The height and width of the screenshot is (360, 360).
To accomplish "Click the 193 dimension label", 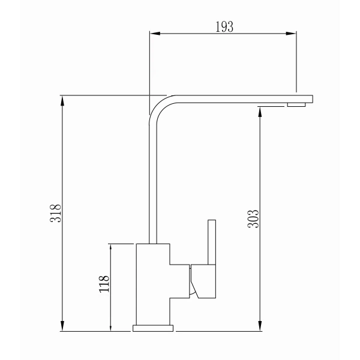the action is coord(224,27).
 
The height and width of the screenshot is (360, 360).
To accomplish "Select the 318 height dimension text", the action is coord(56,213).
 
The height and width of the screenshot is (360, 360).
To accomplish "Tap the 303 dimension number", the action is coord(253,219).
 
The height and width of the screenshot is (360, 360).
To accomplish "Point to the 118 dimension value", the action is coord(104,284).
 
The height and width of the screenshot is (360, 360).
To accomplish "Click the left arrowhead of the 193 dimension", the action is coord(155,34).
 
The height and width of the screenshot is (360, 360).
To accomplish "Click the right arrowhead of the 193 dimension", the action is coord(291,34).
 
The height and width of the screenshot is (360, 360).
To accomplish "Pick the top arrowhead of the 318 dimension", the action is coord(62,101).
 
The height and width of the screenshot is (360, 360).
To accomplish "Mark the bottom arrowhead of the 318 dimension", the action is coord(62,326).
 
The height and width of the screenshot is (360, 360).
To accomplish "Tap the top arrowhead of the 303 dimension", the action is coord(260,112).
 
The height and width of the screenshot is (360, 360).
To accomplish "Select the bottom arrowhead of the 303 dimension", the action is coord(260,326).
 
